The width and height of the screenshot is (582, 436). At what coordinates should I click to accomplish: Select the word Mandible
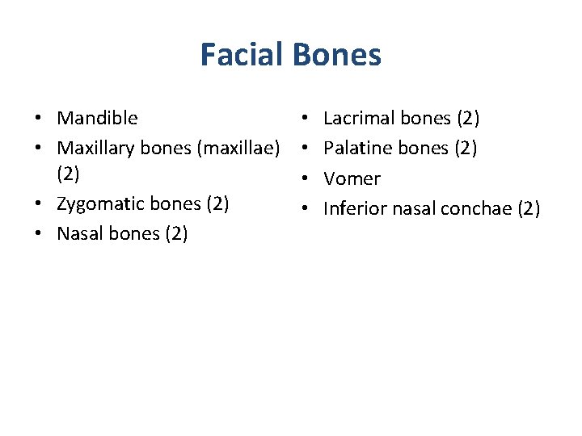coord(97,118)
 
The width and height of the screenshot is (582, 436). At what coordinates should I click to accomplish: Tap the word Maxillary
coord(95,148)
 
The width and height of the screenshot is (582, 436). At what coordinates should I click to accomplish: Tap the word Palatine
coord(353,148)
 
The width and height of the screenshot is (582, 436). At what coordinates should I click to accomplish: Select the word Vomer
coord(352,178)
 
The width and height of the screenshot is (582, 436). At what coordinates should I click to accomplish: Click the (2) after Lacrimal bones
coord(468,118)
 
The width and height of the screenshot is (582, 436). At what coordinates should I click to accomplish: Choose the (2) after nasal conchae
coord(528,208)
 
